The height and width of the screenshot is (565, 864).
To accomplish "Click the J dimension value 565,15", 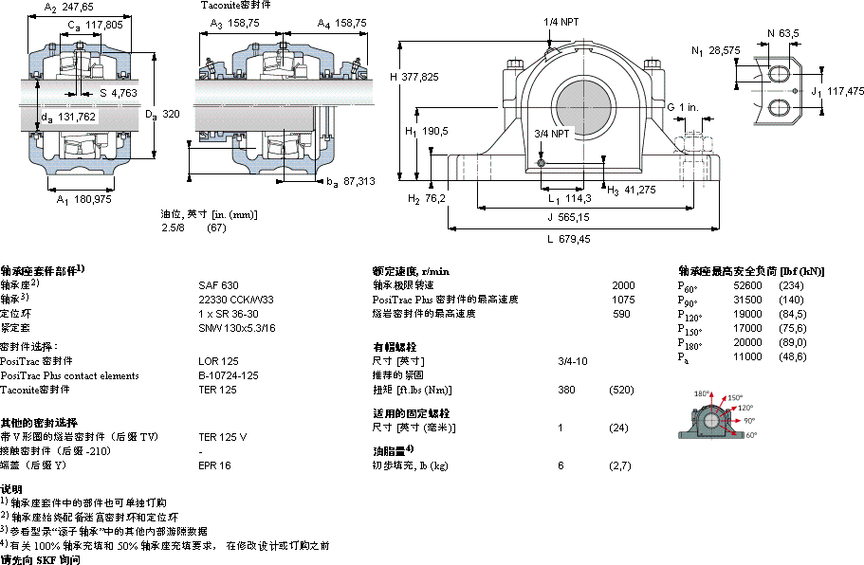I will click(x=572, y=218).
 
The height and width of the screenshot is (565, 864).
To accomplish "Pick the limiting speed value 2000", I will click(x=623, y=284).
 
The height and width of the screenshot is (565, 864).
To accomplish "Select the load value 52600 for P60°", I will click(x=748, y=285).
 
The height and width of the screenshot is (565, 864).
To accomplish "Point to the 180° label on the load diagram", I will click(x=703, y=393).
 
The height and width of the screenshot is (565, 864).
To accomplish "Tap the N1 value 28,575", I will click(x=725, y=49).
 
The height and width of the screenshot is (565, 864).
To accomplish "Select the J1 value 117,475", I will click(x=845, y=91).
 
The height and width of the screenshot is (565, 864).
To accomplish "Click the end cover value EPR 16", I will click(x=214, y=465).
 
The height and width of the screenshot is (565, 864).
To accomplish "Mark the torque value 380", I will click(x=567, y=390).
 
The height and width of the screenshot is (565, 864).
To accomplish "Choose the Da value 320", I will click(x=171, y=114).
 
